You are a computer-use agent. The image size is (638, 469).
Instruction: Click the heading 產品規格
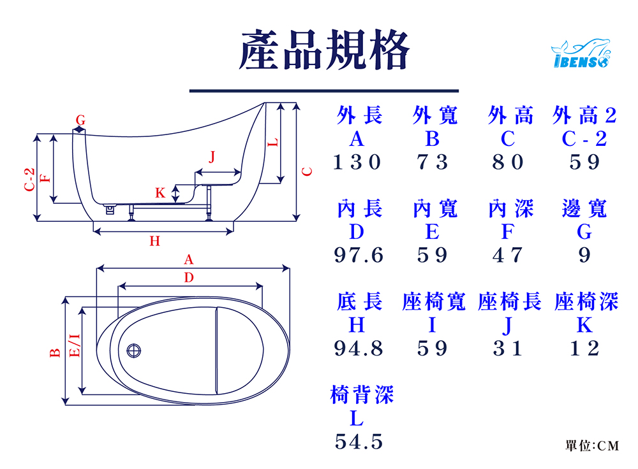coord(324,50)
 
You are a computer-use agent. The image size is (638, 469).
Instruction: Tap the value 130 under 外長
coord(357,162)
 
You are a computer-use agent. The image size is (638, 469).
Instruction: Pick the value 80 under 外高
coord(508,162)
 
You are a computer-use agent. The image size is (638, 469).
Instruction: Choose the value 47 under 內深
coord(508,256)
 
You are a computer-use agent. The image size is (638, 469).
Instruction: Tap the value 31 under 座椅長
coord(508,349)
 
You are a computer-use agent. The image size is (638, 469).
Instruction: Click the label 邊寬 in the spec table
coord(584,209)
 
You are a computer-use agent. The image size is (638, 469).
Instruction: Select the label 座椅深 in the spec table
coord(586,302)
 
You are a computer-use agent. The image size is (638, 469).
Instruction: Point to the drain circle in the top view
coord(135,350)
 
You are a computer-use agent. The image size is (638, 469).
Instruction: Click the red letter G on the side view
coord(80,119)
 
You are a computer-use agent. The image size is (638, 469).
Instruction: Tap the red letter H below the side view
coord(154,241)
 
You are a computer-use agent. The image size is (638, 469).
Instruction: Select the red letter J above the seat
coord(212,157)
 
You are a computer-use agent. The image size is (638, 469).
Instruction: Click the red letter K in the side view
coord(160,192)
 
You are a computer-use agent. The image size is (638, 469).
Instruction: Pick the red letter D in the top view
coord(188,277)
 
